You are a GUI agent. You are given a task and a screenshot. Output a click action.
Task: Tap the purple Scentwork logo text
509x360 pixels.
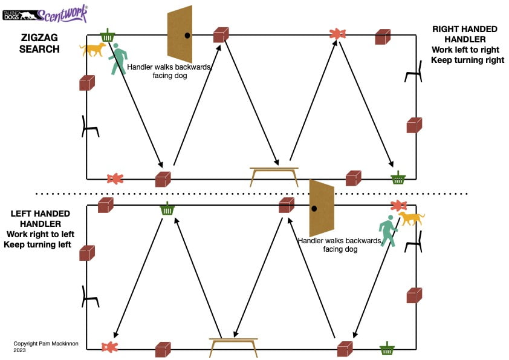click(63, 13)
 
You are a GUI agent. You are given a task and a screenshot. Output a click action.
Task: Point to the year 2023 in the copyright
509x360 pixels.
click(20, 349)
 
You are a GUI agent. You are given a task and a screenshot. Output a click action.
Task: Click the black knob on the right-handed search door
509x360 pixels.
click(187, 36)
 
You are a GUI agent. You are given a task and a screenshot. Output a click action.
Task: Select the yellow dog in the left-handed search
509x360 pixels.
click(411, 218)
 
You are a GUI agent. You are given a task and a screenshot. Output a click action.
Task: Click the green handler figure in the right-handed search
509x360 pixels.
click(118, 60)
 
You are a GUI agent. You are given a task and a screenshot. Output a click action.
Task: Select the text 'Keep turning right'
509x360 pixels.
click(467, 60)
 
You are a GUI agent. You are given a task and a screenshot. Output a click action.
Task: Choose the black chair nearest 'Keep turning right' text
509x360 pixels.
click(413, 73)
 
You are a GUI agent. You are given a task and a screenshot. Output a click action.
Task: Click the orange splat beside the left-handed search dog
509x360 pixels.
click(398, 206)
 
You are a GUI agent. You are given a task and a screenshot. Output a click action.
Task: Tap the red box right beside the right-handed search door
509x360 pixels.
click(221, 35)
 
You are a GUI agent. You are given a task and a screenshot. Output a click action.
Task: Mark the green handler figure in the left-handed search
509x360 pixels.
click(387, 231)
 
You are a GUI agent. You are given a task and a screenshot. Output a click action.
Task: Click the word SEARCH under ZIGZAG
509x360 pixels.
click(39, 49)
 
